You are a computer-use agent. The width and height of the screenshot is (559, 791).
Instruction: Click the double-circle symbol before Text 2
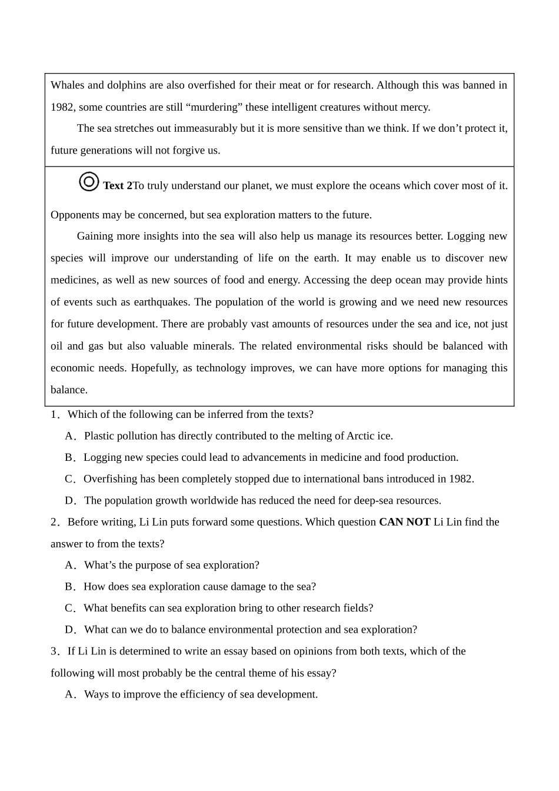89,182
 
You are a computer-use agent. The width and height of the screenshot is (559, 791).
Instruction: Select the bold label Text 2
118,186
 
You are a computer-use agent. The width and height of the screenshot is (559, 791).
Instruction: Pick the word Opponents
74,215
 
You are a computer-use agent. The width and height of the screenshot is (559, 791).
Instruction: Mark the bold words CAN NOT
404,522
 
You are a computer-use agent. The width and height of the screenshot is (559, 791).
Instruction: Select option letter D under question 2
70,630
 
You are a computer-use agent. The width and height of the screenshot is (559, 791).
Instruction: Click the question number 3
54,652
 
